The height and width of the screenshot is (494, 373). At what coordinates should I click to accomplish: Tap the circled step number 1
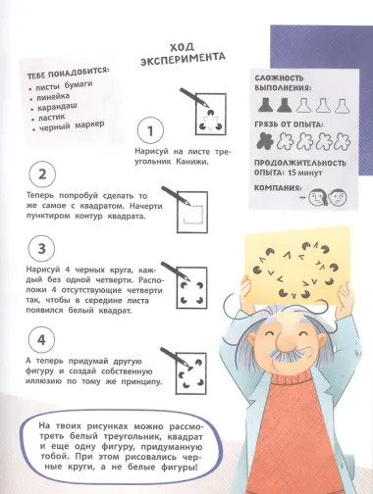pos(147,131)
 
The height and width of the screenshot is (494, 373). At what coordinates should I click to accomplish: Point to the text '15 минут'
pos(309,173)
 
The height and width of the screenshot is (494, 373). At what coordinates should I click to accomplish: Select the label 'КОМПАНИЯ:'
pos(282,187)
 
